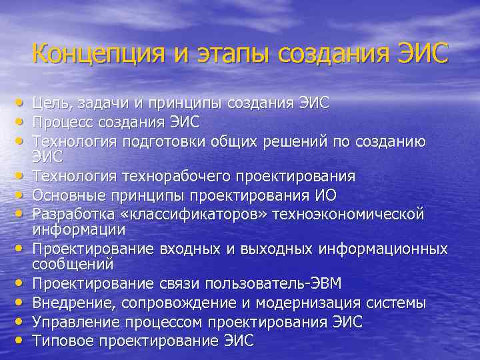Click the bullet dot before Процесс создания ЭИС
[x=22, y=122]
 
